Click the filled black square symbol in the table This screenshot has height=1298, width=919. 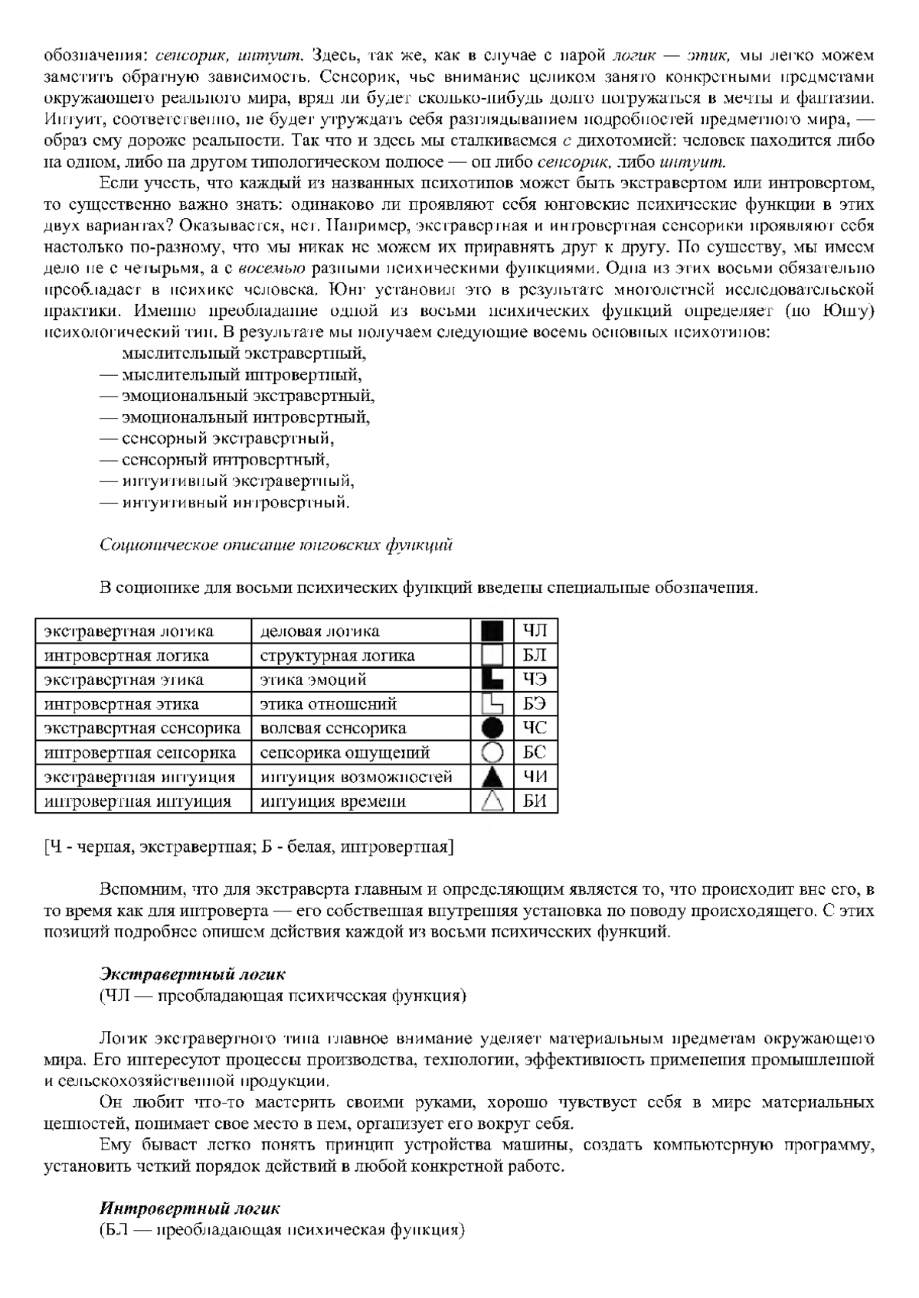(492, 631)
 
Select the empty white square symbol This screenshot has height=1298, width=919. (492, 656)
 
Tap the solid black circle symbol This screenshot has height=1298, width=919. (492, 729)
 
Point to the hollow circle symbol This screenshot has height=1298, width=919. (492, 753)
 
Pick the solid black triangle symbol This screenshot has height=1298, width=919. (492, 778)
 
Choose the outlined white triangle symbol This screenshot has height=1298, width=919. (492, 801)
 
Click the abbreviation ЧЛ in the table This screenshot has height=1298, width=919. (535, 631)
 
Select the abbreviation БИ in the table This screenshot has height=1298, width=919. (535, 802)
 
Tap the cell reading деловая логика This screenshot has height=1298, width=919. (320, 631)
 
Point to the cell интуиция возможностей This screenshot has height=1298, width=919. (356, 778)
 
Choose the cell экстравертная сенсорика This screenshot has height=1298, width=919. (142, 729)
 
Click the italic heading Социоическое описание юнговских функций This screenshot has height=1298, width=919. (276, 545)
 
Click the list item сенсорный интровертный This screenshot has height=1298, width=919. (225, 460)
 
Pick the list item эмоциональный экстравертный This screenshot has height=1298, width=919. (248, 396)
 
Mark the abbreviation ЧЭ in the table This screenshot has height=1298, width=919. (535, 680)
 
